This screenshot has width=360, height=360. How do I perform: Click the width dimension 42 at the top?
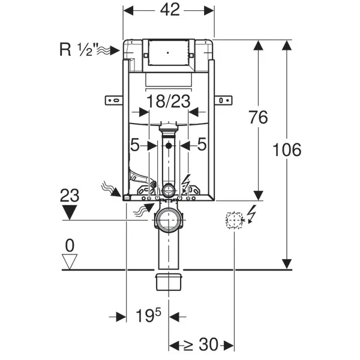(x=170, y=10)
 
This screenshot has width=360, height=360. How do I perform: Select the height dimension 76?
(x=259, y=118)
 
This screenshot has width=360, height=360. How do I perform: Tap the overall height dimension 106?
(x=287, y=149)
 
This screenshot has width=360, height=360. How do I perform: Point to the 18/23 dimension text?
(x=169, y=101)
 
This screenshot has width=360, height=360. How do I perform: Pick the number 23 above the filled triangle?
(x=70, y=196)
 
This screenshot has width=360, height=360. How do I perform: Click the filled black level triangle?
(x=70, y=212)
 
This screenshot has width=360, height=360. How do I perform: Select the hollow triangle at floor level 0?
(x=70, y=262)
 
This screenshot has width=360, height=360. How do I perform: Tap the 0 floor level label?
(x=70, y=245)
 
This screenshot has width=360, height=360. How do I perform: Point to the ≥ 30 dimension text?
(x=200, y=344)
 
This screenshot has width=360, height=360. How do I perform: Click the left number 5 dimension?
(x=135, y=145)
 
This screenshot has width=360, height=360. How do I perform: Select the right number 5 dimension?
(x=202, y=144)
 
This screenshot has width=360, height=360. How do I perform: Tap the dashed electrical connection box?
(x=234, y=220)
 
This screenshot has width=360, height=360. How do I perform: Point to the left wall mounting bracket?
(x=114, y=100)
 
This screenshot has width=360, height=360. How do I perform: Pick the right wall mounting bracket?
(x=223, y=100)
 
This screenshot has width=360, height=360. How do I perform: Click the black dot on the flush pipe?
(x=169, y=145)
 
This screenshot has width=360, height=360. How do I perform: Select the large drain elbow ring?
(x=169, y=220)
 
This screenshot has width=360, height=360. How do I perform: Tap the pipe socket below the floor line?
(x=169, y=282)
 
